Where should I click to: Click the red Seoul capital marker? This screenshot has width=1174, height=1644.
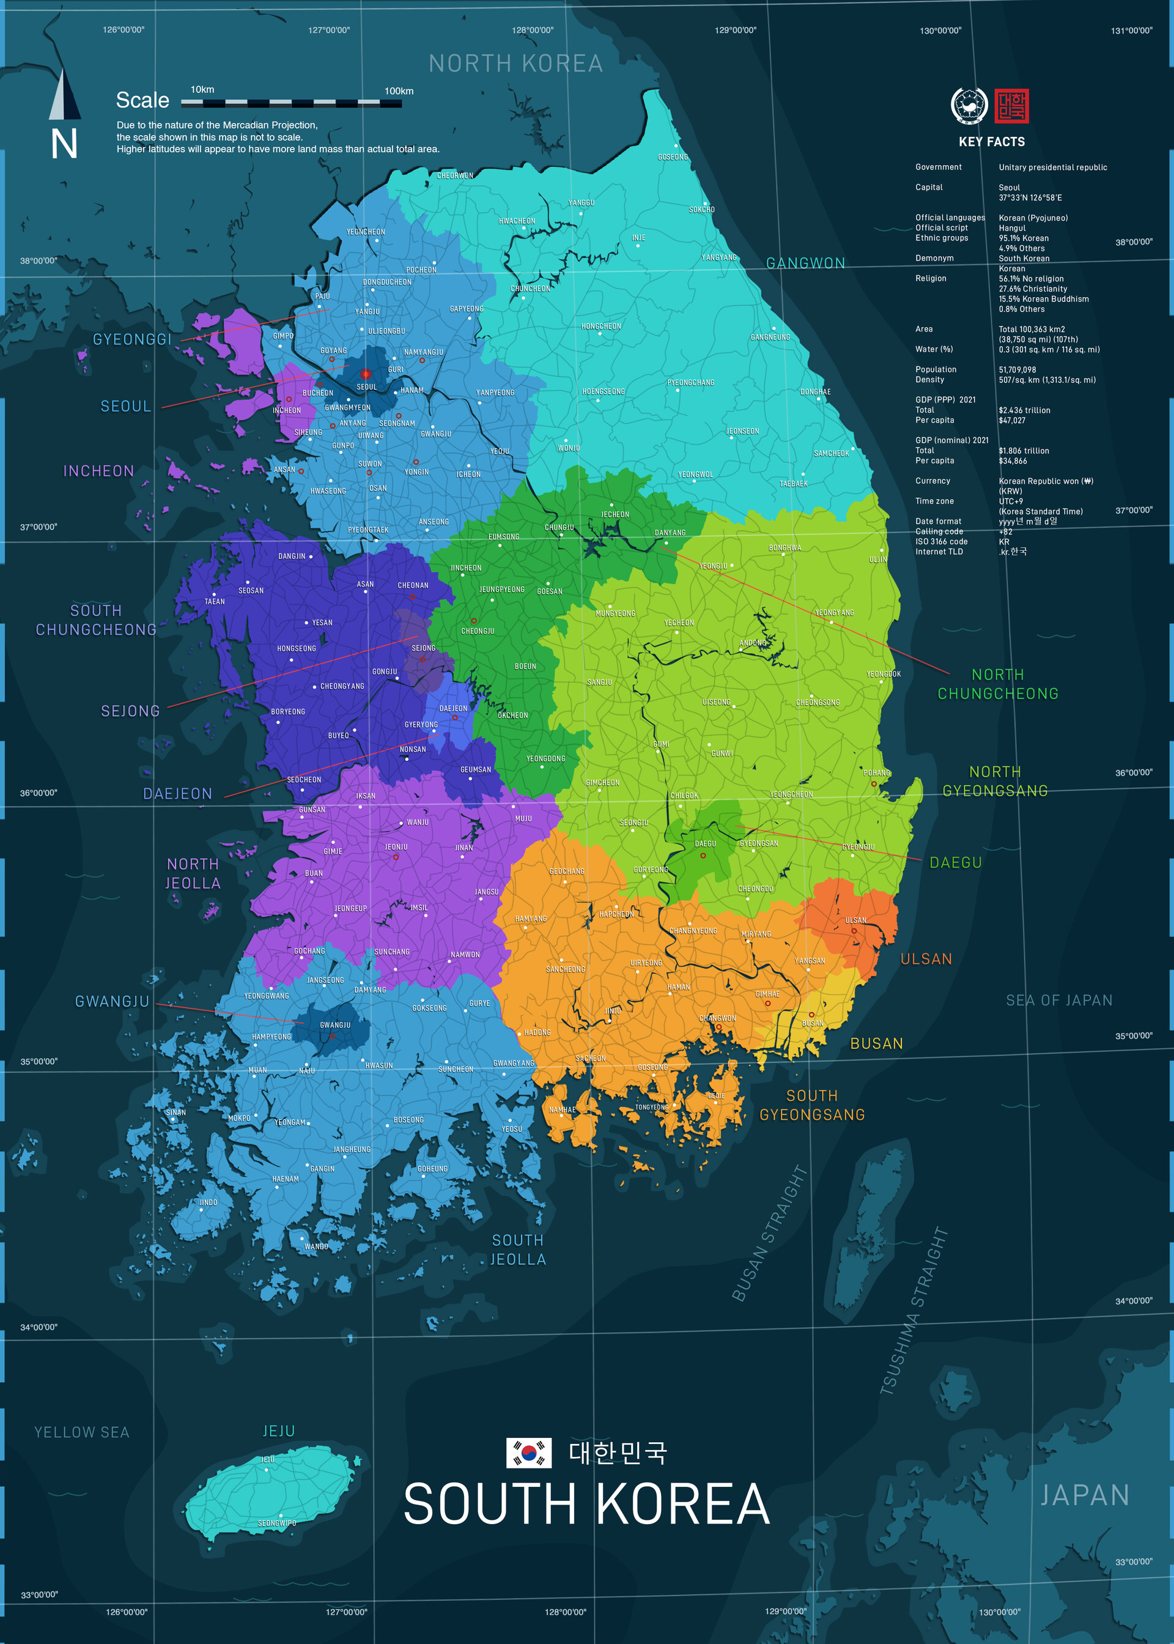[x=366, y=374]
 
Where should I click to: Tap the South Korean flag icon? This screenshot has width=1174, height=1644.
[x=528, y=1453]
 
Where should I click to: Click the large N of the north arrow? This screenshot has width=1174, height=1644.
[x=64, y=144]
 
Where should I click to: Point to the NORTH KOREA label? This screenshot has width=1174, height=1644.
[x=515, y=64]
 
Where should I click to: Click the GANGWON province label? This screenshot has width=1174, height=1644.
[x=805, y=263]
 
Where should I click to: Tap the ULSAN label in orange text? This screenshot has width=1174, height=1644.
[x=926, y=958]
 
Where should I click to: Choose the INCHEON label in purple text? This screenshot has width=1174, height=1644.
[x=99, y=471]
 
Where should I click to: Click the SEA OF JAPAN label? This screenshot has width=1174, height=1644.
[x=1059, y=1000]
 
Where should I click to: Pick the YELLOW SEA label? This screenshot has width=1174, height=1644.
[x=82, y=1432]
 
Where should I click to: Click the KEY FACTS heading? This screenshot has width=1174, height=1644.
[x=991, y=142]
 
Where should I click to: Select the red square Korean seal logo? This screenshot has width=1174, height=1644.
[x=1011, y=106]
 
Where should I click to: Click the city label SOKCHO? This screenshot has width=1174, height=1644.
[x=701, y=210]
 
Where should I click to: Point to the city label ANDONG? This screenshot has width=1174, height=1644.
[x=753, y=643]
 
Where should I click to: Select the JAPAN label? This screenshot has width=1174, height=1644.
[x=1084, y=1495]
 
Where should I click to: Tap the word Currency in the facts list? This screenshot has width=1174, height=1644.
[x=932, y=481]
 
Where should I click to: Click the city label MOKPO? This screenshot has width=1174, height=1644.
[x=239, y=1117]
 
